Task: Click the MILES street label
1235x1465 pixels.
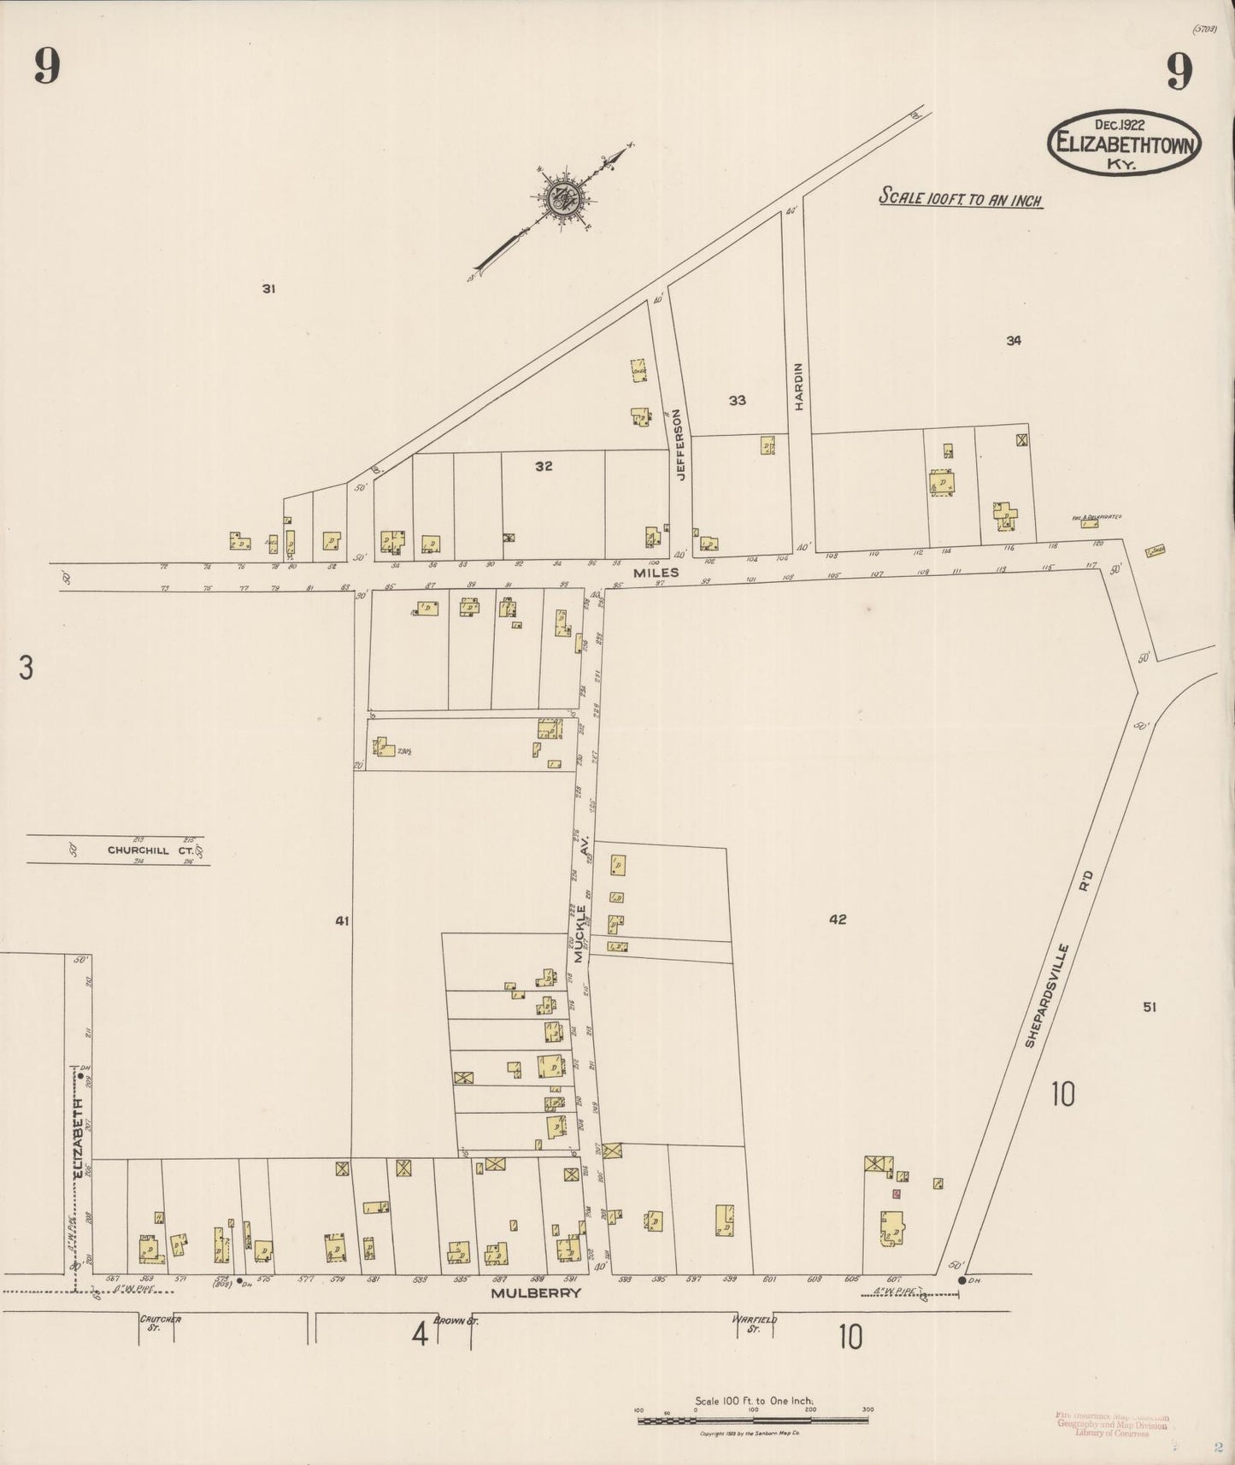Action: click(656, 573)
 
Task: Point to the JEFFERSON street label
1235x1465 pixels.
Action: click(680, 444)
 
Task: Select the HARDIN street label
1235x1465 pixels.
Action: click(799, 386)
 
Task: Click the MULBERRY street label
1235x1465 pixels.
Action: click(536, 1293)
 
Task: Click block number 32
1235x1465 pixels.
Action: click(544, 466)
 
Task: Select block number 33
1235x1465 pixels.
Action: click(737, 400)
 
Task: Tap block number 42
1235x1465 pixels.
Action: click(837, 920)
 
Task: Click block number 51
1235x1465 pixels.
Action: click(1150, 1007)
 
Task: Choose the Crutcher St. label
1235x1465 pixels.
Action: click(160, 1323)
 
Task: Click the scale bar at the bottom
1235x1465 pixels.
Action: click(753, 1421)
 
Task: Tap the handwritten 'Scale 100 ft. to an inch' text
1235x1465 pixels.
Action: click(961, 198)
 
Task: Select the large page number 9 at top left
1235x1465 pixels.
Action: click(47, 67)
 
